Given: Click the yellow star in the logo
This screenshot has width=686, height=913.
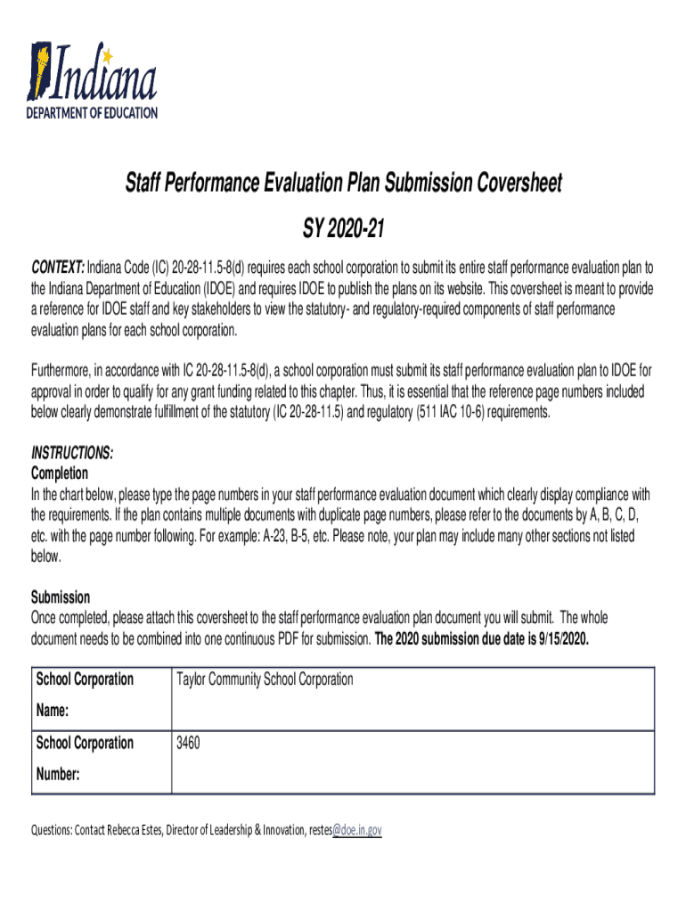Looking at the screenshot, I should [x=109, y=56].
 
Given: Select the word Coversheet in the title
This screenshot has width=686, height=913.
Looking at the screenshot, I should [x=507, y=184].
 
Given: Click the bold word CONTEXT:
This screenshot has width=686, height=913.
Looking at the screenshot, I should [x=58, y=268].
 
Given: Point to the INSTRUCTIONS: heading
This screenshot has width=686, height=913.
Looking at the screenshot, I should [x=72, y=453].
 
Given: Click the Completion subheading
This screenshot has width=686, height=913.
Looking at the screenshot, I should [x=60, y=473].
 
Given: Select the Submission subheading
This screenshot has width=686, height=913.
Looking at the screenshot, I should [x=61, y=597].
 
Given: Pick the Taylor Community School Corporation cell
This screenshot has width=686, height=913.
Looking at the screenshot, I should [x=265, y=679].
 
